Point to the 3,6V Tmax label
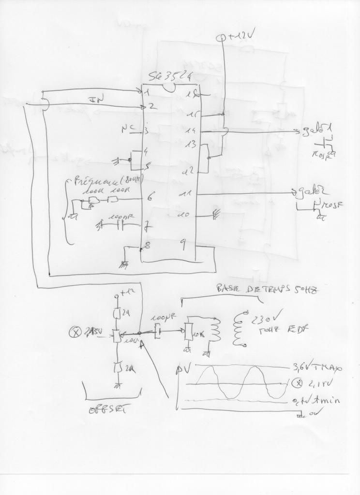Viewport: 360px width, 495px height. click(317, 368)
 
